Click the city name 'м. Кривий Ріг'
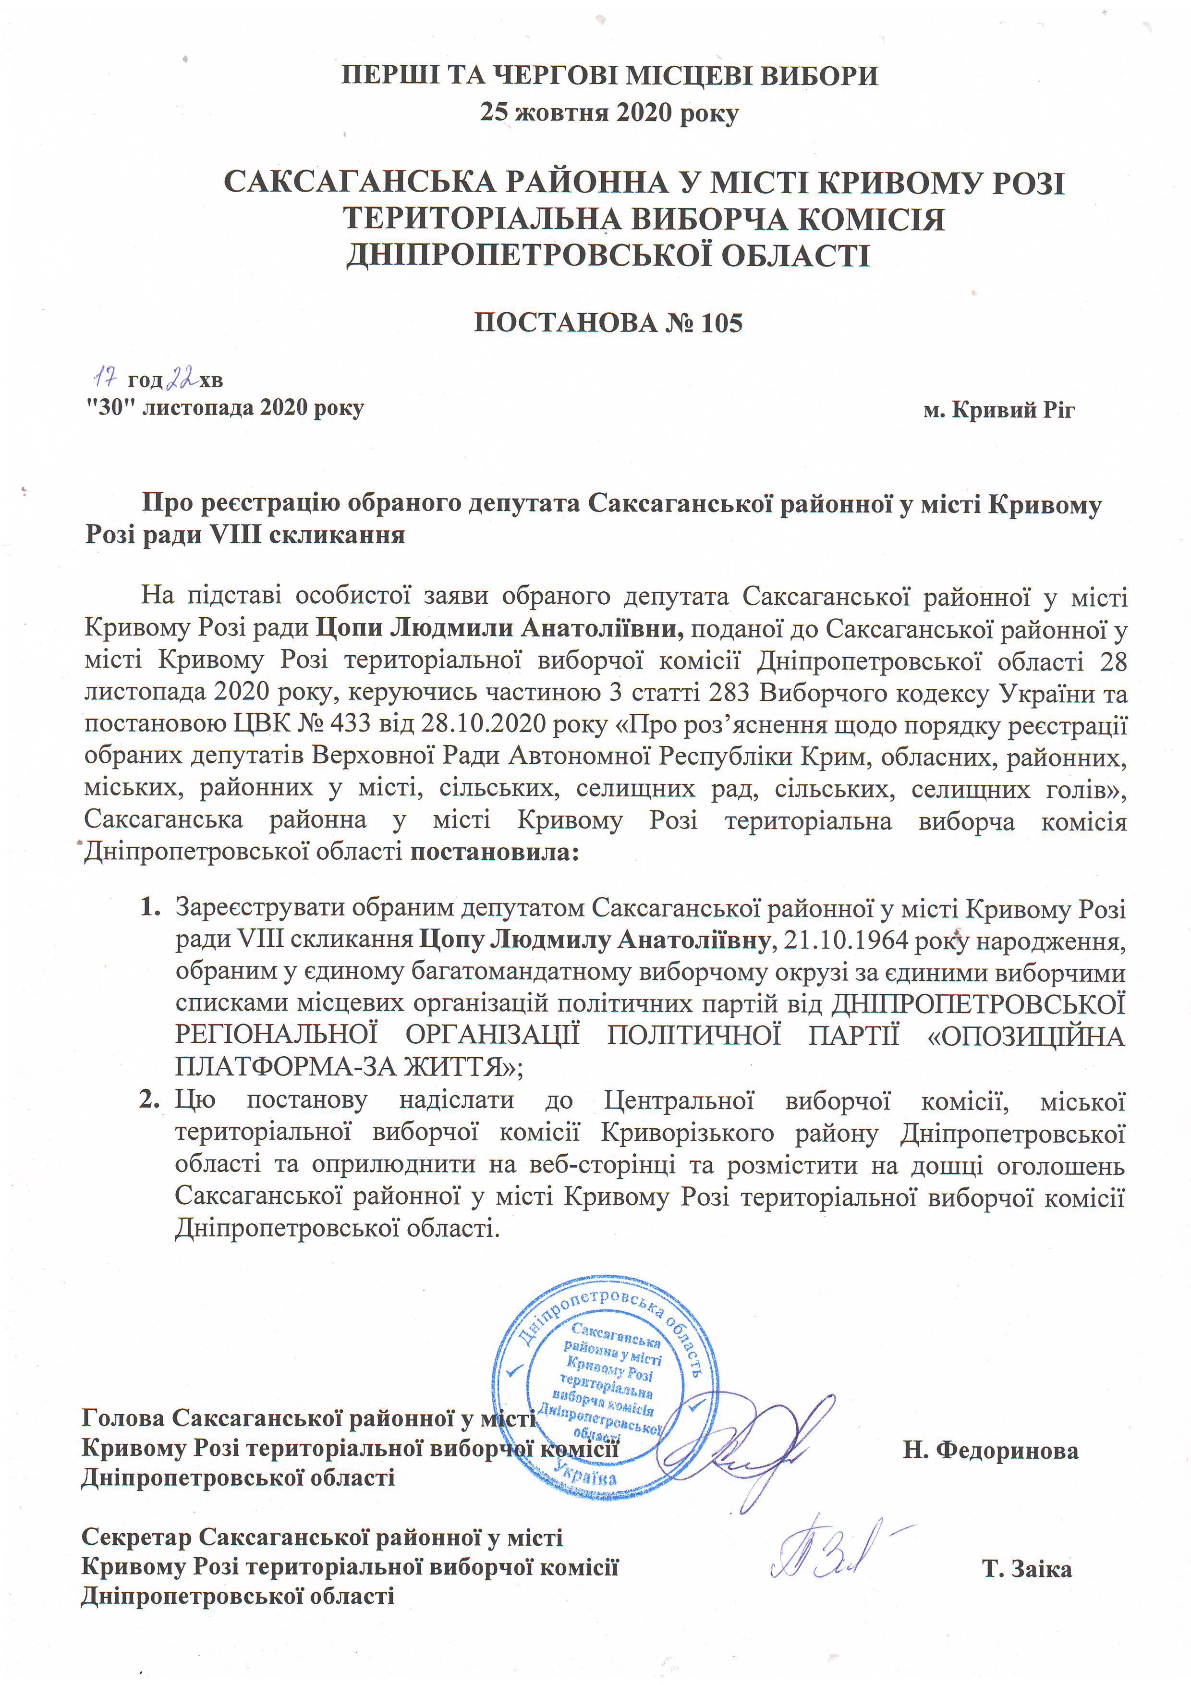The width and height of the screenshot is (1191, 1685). point(999,410)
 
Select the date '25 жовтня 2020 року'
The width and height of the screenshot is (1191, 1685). point(609,112)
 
